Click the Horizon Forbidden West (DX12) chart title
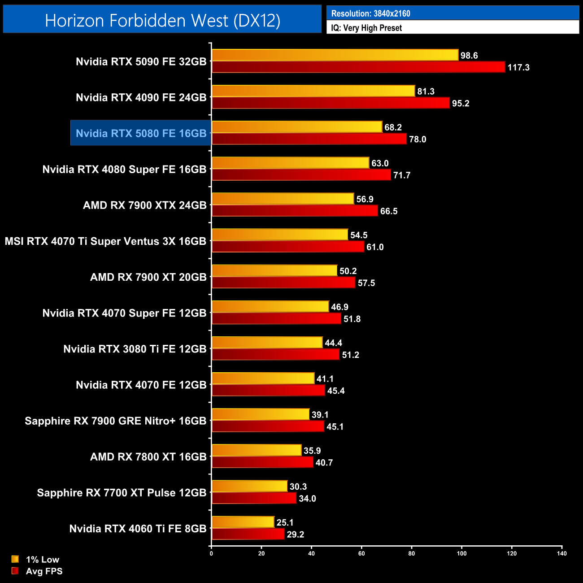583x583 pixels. (x=162, y=20)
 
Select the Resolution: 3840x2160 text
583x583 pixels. (x=370, y=13)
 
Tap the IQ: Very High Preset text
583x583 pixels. (x=366, y=28)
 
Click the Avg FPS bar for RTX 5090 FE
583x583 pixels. (x=358, y=67)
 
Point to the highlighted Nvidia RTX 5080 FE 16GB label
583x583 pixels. (x=141, y=133)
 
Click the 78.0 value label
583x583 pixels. (x=418, y=139)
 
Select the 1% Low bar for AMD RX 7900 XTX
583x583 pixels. (x=283, y=199)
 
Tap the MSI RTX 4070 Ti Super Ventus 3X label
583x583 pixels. (x=105, y=241)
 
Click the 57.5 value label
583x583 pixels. (x=366, y=283)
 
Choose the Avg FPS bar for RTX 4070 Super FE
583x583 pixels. (x=276, y=319)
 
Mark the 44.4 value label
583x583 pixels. (x=333, y=343)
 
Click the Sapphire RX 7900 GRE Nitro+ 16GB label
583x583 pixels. (x=115, y=421)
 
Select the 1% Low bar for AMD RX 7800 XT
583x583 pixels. (x=257, y=450)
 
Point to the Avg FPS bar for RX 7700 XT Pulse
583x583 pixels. (x=254, y=498)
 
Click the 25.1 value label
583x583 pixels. (x=285, y=522)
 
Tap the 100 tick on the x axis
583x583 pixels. (x=461, y=553)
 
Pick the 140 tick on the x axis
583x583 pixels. (x=561, y=553)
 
